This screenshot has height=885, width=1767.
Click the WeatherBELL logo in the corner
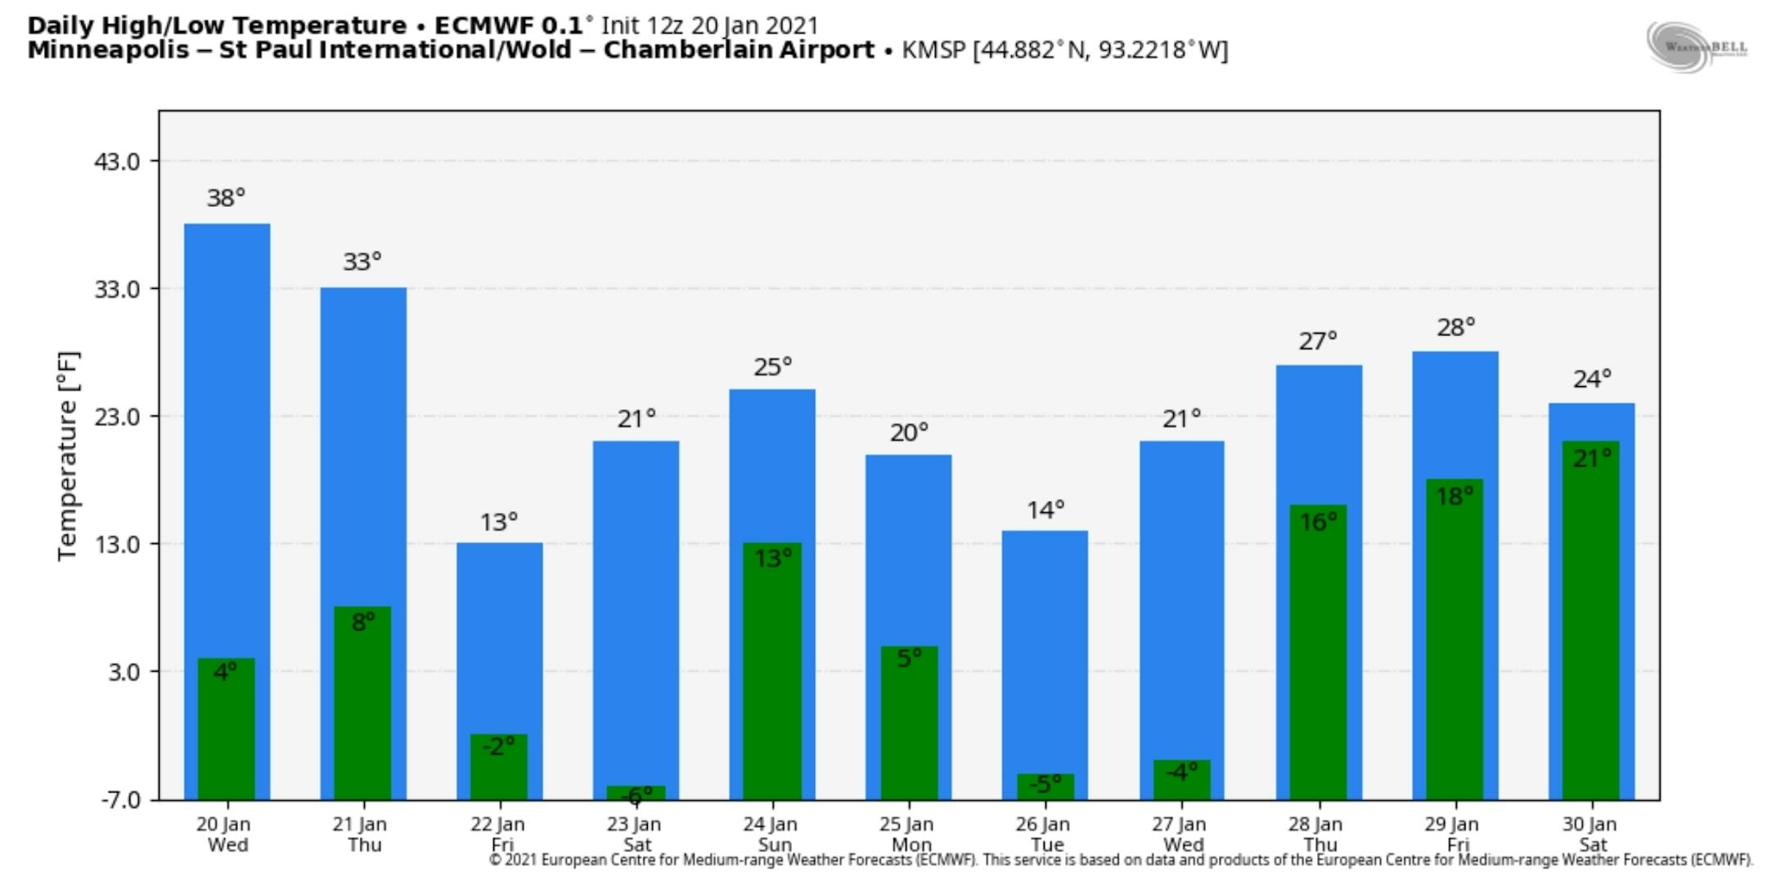[1697, 47]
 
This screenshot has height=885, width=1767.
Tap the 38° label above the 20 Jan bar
[226, 198]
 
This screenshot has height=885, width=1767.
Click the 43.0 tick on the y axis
[117, 161]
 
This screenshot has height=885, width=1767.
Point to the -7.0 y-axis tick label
[119, 799]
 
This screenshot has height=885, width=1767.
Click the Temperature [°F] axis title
[68, 456]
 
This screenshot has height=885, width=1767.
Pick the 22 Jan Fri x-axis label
[498, 834]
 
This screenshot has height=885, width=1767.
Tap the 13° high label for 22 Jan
[499, 522]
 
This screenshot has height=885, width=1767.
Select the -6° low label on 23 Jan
[637, 794]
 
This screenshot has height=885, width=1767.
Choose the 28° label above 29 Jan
[1456, 328]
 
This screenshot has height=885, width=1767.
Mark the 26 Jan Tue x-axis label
[1045, 834]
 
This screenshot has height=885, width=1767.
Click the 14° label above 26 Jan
[1045, 510]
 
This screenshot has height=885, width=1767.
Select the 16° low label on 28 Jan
[1318, 522]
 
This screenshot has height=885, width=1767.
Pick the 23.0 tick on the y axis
[117, 416]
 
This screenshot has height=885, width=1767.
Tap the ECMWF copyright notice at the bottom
[1121, 860]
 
